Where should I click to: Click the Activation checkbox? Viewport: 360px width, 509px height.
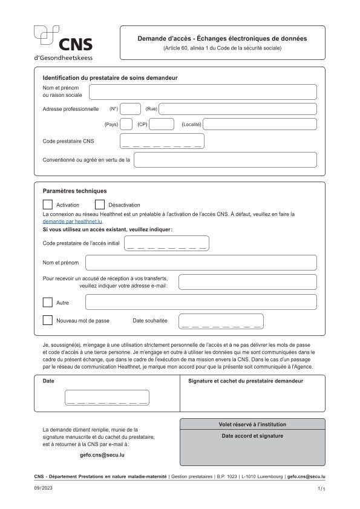tap(48, 205)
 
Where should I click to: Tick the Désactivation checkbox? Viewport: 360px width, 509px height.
tap(100, 205)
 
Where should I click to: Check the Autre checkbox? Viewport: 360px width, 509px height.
tap(48, 302)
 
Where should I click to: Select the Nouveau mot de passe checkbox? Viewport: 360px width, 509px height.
tap(48, 320)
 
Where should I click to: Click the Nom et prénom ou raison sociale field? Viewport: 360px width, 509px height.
tap(203, 92)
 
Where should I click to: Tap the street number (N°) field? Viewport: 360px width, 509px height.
tap(131, 109)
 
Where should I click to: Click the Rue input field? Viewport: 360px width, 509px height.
tap(237, 109)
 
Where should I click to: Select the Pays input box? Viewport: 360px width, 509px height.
tap(126, 124)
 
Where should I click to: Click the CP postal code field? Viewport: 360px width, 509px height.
tap(162, 124)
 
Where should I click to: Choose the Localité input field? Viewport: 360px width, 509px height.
tap(260, 124)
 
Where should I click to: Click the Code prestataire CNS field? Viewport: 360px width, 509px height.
tap(162, 142)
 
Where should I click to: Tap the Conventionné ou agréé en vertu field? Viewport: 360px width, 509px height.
tap(225, 160)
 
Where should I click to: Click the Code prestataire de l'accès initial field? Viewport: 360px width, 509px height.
tap(166, 243)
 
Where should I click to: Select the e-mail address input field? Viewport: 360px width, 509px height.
tap(247, 282)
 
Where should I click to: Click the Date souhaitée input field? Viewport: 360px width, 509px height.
tap(221, 321)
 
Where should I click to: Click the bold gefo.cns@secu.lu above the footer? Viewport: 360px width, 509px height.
tap(102, 454)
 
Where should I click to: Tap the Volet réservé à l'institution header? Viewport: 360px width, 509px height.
tap(252, 424)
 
